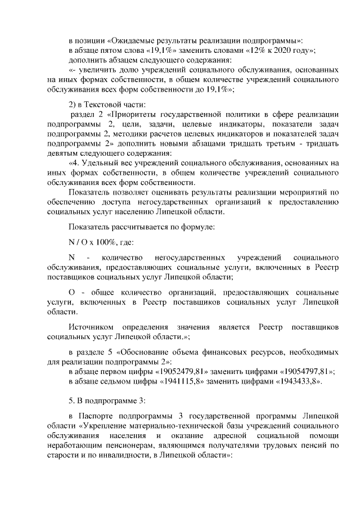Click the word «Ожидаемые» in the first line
pos(133,40)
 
